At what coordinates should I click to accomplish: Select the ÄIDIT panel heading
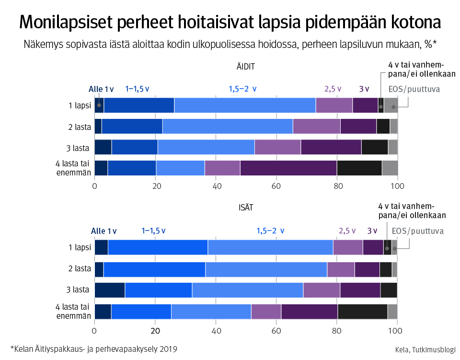click(245, 67)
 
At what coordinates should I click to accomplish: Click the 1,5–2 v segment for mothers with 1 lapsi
click(245, 105)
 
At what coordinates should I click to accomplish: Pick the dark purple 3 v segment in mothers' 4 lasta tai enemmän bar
click(288, 168)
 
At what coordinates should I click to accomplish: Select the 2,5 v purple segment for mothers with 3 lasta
click(277, 147)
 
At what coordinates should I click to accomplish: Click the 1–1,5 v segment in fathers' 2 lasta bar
click(154, 269)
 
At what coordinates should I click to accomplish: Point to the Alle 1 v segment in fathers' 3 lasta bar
click(110, 290)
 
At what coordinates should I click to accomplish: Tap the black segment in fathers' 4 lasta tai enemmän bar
click(362, 312)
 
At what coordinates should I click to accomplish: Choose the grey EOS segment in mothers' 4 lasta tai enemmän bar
click(390, 168)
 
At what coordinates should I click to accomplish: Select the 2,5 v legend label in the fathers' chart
click(347, 231)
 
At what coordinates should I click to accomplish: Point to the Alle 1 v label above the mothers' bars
click(101, 89)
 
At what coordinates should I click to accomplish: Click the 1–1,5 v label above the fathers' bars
click(153, 231)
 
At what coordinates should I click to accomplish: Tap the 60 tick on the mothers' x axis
click(276, 186)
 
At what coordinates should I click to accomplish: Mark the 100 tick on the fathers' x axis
click(395, 330)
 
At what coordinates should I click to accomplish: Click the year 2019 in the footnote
click(168, 349)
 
